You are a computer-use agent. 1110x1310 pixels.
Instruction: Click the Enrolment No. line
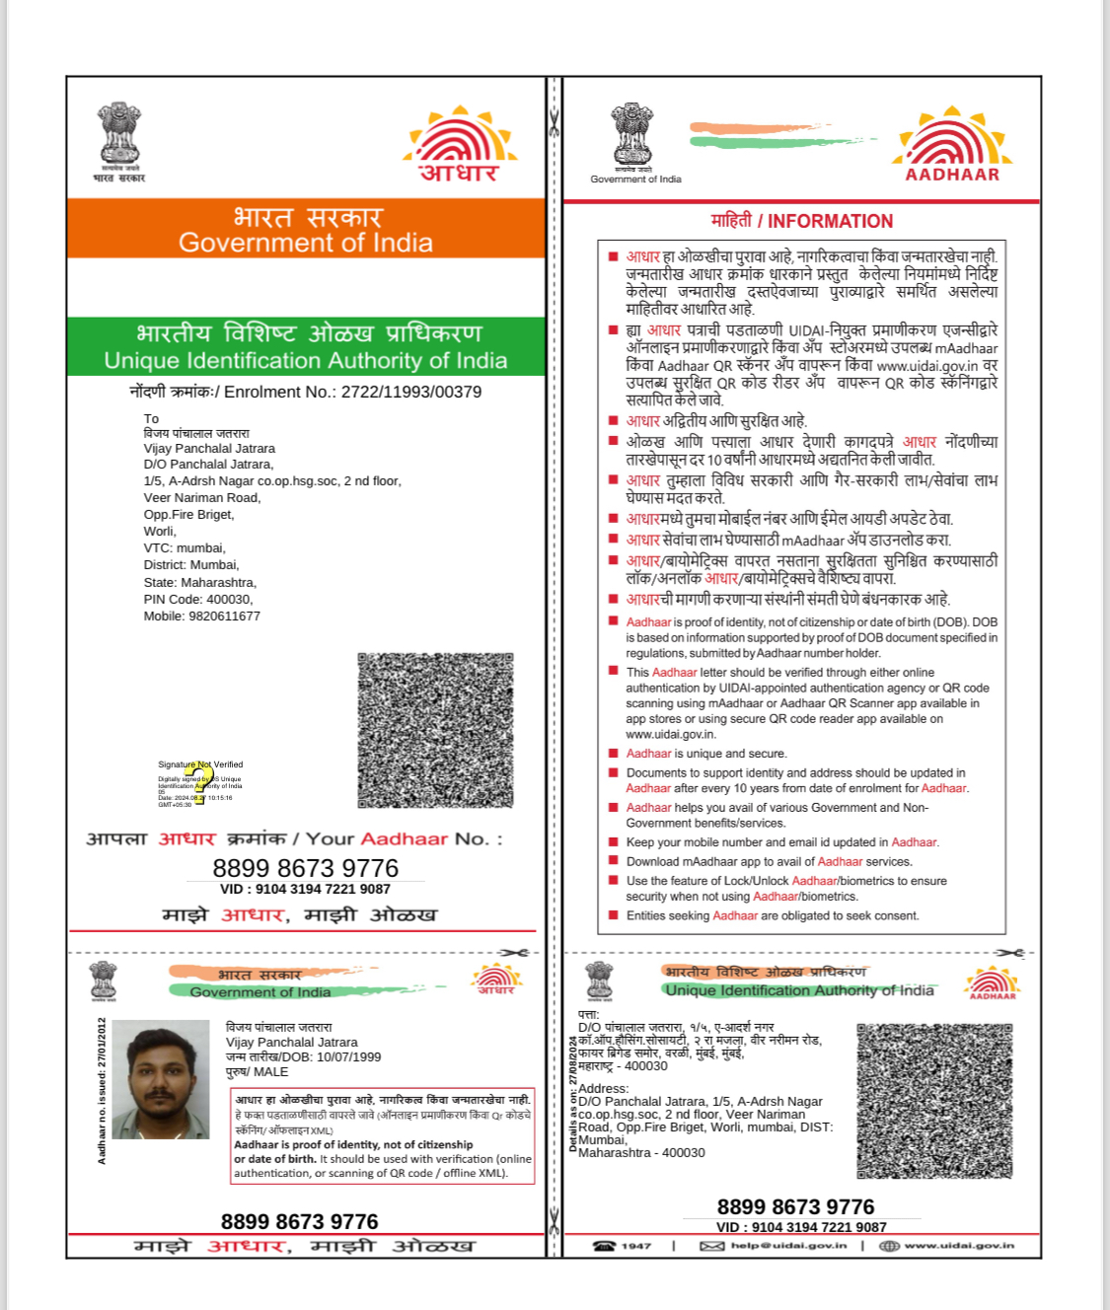tap(306, 392)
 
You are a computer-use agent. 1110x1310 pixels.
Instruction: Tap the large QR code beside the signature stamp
tap(435, 730)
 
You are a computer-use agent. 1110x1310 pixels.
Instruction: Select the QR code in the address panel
tap(934, 1101)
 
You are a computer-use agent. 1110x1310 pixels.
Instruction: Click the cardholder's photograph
tap(161, 1080)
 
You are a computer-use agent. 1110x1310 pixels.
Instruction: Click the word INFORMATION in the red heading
tap(830, 222)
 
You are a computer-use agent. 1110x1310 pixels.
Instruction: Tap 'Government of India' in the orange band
tap(306, 243)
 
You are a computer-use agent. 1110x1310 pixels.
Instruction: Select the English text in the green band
tap(306, 361)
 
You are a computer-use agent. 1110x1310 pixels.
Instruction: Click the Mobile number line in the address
tap(202, 617)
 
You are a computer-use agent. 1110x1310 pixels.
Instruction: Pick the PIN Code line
tap(197, 600)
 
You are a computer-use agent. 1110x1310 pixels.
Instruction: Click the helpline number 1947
tap(636, 1246)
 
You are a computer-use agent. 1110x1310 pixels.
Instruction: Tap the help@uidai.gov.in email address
tap(787, 1246)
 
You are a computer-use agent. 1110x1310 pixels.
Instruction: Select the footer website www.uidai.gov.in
tap(958, 1246)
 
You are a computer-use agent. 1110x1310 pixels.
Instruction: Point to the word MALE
tap(271, 1072)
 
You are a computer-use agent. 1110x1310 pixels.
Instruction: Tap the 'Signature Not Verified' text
tap(200, 764)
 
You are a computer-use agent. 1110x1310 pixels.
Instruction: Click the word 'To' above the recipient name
tap(151, 419)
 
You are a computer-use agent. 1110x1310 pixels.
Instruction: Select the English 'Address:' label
tap(603, 1089)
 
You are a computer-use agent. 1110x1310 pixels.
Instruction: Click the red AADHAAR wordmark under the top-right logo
tap(952, 175)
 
